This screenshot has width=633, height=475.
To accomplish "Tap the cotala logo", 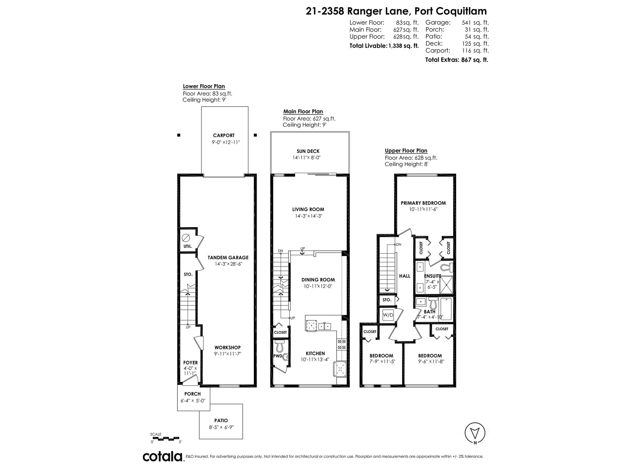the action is tap(163, 457).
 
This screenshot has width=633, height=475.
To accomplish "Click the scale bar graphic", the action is tap(166, 438).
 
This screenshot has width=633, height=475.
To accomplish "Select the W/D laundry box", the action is tap(388, 315).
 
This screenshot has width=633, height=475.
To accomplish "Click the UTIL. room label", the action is tap(188, 246).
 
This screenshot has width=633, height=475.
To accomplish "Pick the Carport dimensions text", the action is tap(226, 142).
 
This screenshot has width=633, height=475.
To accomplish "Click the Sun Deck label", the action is tap(308, 151).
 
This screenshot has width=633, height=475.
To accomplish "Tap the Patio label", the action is tap(221, 421).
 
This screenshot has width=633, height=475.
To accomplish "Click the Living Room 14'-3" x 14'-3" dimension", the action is tap(308, 216).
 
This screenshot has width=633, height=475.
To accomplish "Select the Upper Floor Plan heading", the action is tap(406, 151).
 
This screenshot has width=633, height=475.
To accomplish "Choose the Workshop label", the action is tap(227, 347).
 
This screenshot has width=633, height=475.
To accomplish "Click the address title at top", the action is tap(396, 11).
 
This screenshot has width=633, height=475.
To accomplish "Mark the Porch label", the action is tap(193, 394).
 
